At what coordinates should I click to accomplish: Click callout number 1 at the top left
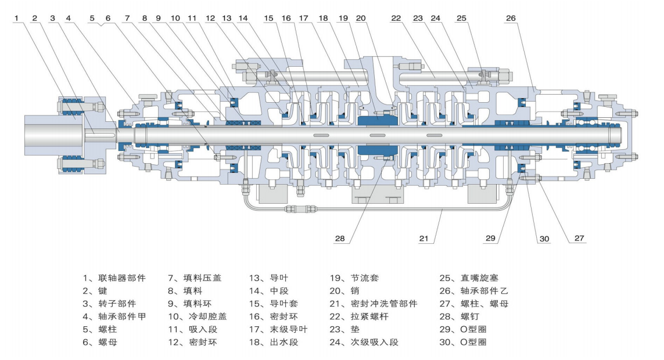(x=17, y=18)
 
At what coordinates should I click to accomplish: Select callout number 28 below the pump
(x=339, y=238)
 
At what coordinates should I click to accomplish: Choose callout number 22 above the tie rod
(x=396, y=18)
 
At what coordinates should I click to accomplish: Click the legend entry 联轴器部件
(x=116, y=278)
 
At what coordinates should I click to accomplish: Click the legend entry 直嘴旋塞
(x=476, y=278)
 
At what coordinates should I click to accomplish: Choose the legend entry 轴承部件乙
(x=482, y=291)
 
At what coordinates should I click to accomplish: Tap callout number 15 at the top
(x=268, y=18)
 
